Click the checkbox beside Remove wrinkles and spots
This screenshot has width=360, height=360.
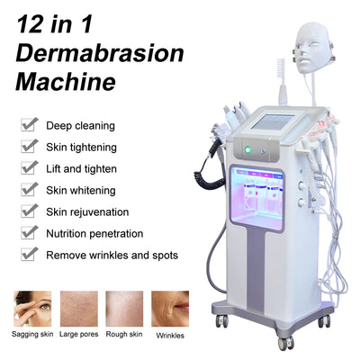click(x=29, y=255)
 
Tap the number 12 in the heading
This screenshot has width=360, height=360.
click(x=35, y=20)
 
